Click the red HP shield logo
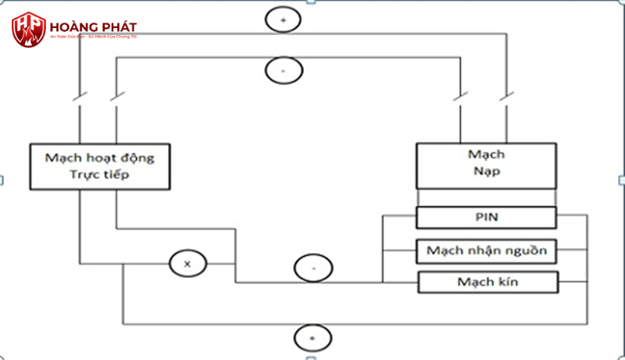coord(29,29)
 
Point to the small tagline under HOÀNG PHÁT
coord(93,38)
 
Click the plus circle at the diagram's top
coord(282,20)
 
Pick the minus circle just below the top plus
coord(282,70)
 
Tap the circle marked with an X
coord(187,264)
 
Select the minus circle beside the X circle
coord(312,268)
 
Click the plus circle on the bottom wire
coord(312,337)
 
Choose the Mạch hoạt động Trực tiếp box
coord(99,166)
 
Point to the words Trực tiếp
coord(99,175)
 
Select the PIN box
coord(485,216)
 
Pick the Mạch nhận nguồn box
coord(486,251)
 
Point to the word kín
coord(508,281)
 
